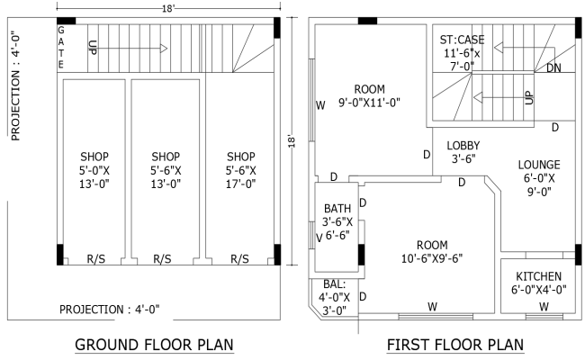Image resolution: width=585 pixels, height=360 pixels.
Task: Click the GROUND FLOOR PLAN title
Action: point(154,344)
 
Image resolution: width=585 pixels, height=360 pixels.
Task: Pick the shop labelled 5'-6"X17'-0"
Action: point(241,169)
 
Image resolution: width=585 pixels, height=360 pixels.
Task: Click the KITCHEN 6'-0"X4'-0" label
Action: point(539,283)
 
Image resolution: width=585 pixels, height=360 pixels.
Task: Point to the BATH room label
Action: point(337,221)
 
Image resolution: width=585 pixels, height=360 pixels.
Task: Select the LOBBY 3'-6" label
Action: point(464,152)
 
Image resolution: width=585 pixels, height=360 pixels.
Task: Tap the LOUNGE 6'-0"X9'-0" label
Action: point(540,177)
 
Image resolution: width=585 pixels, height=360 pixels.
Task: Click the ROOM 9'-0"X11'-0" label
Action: point(369,95)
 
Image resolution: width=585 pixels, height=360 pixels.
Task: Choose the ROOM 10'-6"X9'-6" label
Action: point(432,251)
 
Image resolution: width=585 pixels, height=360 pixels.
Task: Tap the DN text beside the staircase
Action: point(553,68)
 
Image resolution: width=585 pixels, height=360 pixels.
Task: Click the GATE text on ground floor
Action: point(60,49)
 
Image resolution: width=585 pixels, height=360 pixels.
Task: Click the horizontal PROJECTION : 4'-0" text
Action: point(109,309)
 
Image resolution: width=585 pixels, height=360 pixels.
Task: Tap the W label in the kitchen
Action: point(544,307)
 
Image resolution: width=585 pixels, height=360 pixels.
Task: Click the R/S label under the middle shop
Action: point(162,259)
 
